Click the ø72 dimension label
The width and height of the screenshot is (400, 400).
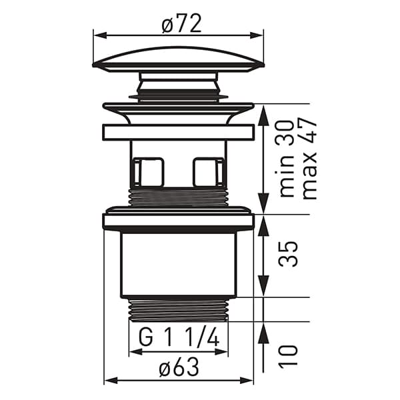[181, 23]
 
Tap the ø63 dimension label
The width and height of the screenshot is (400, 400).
[179, 367]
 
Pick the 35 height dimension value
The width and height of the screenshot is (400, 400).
[288, 253]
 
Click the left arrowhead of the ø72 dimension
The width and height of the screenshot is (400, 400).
[100, 35]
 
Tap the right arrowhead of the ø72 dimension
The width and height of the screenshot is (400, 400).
[257, 35]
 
